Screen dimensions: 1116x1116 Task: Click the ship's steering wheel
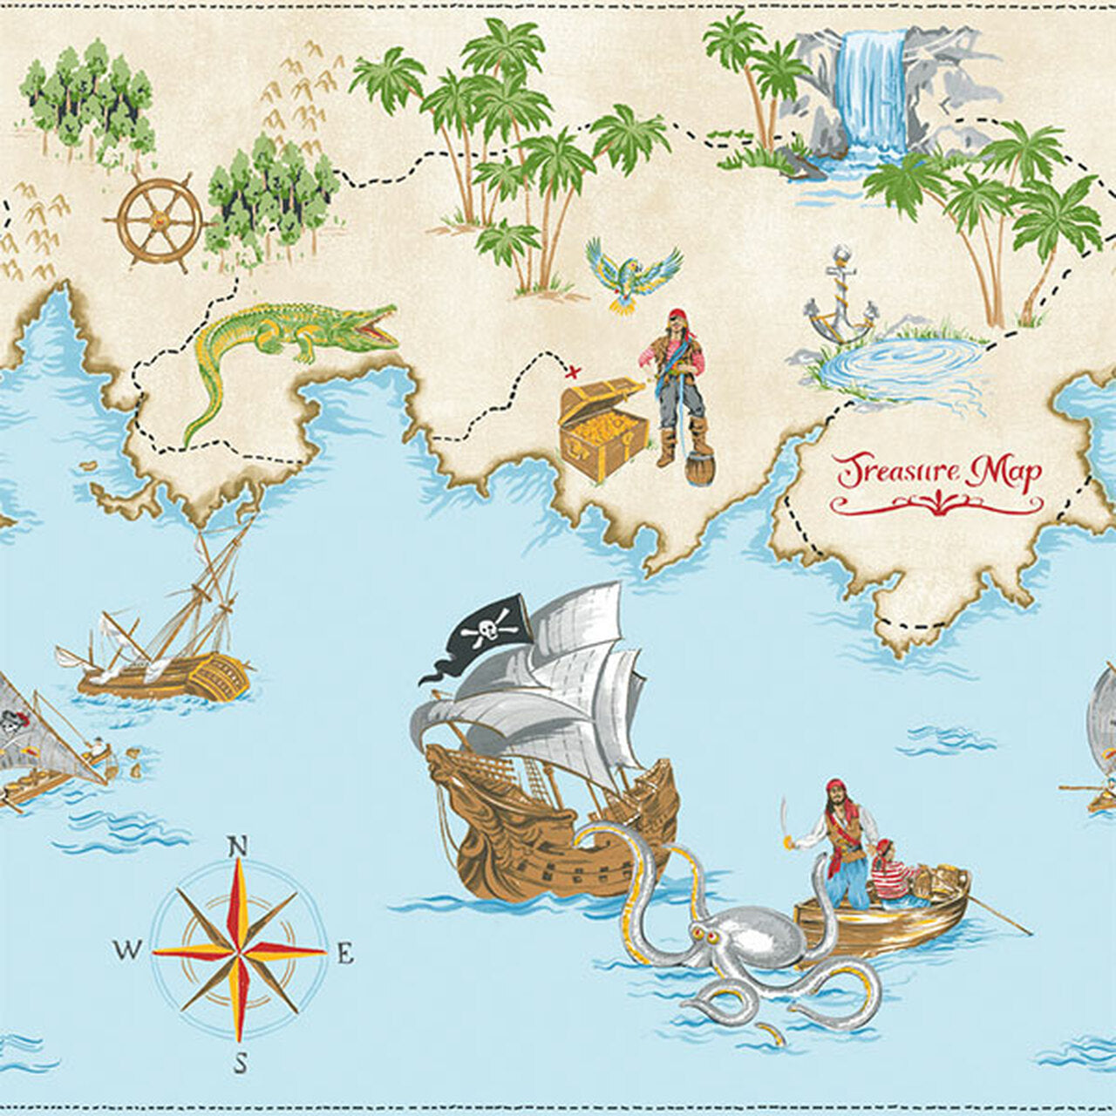[x=160, y=220]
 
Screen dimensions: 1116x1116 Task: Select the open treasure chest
[x=602, y=428]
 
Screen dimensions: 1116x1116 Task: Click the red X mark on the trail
[x=573, y=372]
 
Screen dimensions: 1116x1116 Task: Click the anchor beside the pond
[x=840, y=296]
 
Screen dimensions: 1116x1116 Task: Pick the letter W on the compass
[x=126, y=949]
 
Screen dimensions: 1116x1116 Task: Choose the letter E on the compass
[x=344, y=954]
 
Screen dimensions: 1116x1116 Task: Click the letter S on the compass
[x=241, y=1064]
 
